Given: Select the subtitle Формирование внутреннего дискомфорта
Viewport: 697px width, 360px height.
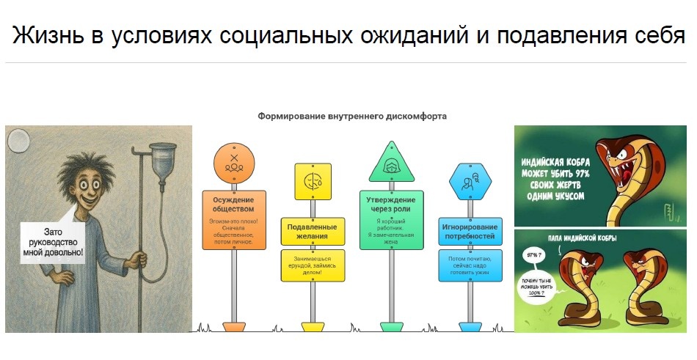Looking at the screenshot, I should coord(352,116).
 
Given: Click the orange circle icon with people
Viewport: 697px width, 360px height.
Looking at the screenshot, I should coord(233,163).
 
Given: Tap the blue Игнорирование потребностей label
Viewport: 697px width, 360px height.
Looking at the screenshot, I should coord(470,232).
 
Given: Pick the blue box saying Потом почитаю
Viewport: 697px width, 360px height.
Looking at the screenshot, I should coord(470,265).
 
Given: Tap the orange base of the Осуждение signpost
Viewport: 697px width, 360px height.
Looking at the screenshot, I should coord(233,326).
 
